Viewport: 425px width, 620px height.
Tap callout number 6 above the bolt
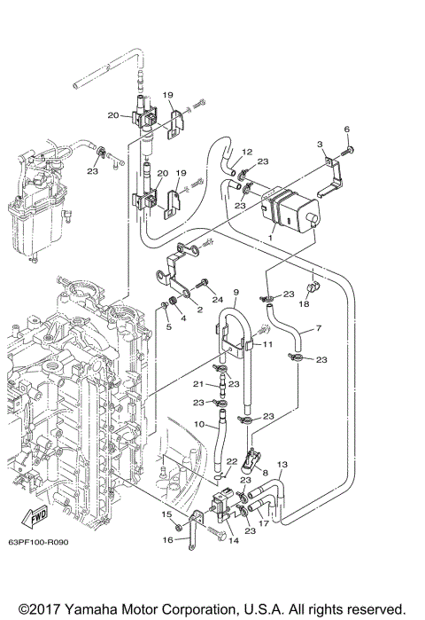pyautogui.click(x=346, y=130)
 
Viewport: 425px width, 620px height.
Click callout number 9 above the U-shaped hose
pyautogui.click(x=236, y=292)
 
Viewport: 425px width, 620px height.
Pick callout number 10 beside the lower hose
pyautogui.click(x=201, y=425)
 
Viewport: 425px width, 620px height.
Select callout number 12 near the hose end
pyautogui.click(x=247, y=152)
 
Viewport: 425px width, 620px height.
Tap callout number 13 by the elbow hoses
pyautogui.click(x=282, y=465)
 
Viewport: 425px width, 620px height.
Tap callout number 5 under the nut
pyautogui.click(x=166, y=327)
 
